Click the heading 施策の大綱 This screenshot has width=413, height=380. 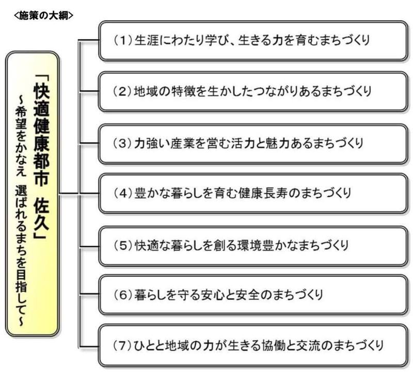(43, 16)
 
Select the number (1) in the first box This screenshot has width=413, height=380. (123, 41)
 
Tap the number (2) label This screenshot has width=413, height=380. (122, 91)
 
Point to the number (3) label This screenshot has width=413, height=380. (122, 144)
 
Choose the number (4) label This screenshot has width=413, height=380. (123, 193)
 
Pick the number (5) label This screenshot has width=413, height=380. (123, 245)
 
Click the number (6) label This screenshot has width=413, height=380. (123, 295)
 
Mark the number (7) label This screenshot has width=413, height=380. (122, 345)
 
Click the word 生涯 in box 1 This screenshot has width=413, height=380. (147, 41)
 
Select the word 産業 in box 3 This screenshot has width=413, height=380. (182, 144)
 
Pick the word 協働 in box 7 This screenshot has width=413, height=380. (274, 345)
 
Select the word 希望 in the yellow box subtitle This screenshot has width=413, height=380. (21, 118)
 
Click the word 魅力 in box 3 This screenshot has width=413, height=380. (278, 144)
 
